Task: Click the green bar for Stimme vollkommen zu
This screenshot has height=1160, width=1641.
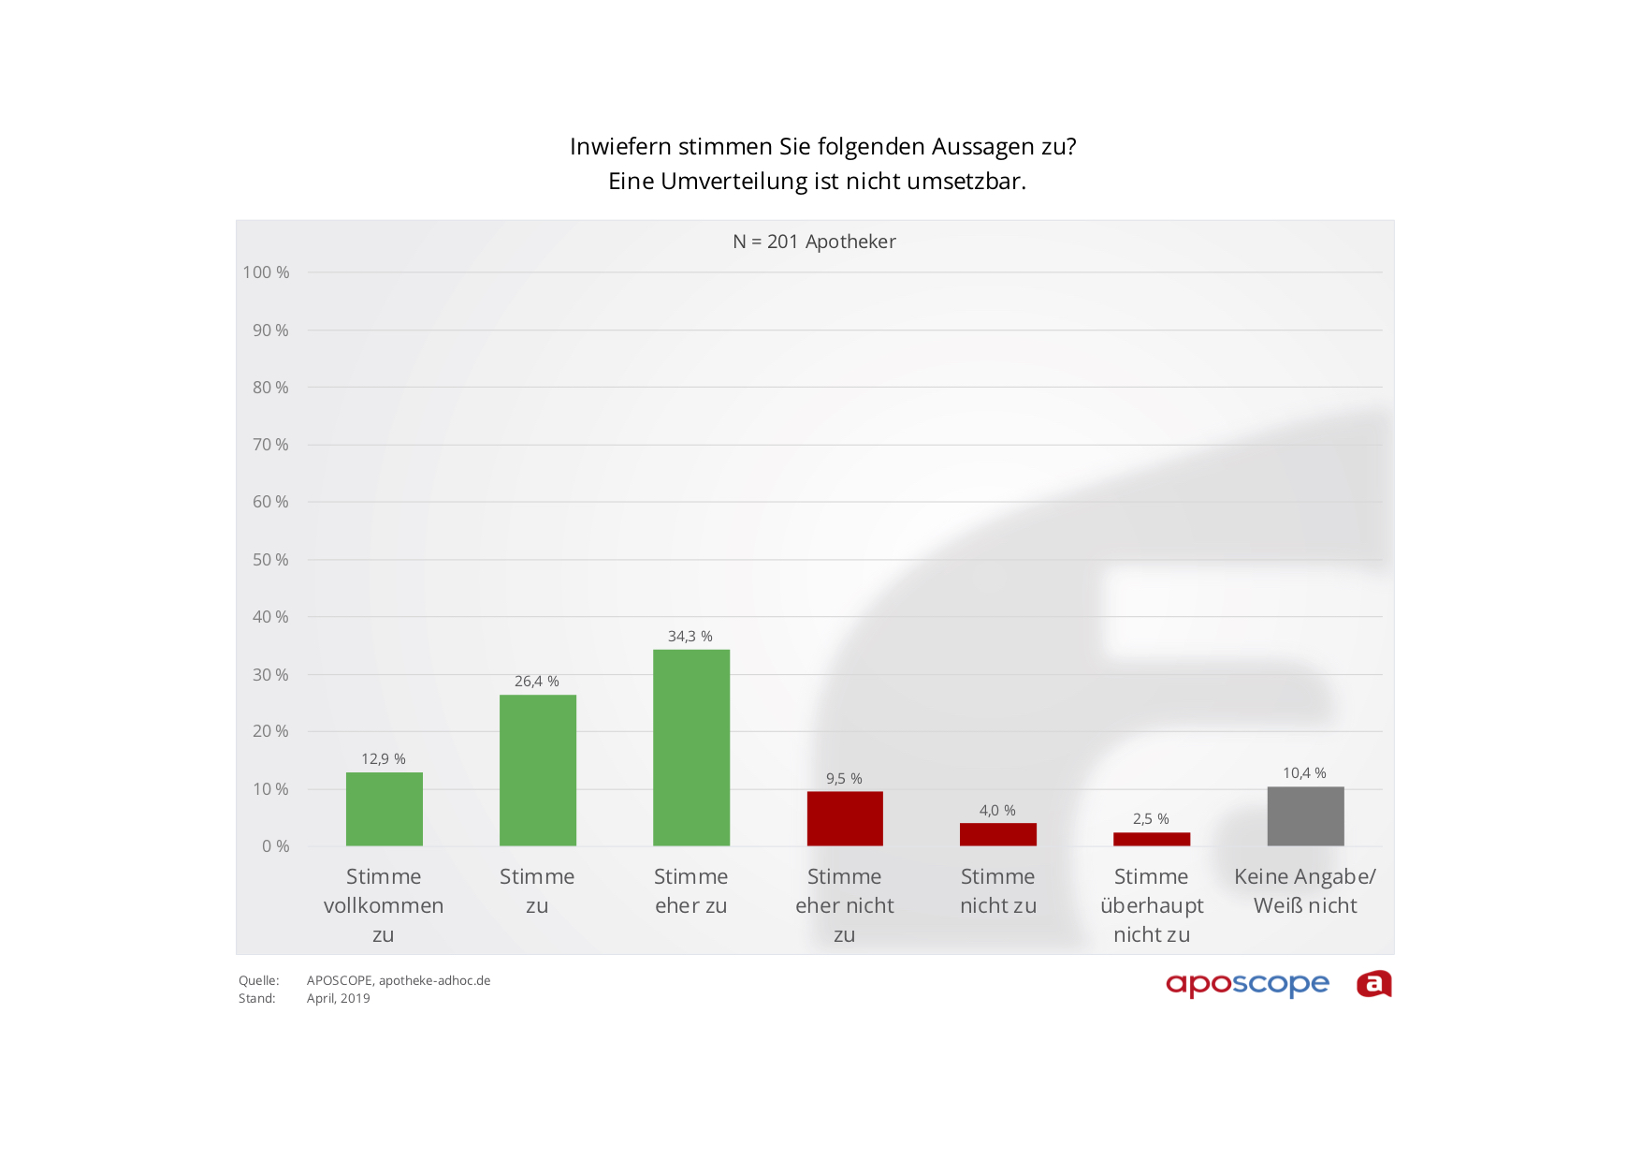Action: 384,809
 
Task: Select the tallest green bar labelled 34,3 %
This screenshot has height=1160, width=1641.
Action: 690,747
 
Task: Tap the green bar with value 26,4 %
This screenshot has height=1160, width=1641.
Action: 537,770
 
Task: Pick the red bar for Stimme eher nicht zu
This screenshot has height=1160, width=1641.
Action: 844,818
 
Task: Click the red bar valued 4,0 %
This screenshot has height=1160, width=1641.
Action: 997,834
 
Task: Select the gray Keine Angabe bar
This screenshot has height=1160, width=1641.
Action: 1305,815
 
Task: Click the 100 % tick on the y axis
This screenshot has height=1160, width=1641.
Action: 267,272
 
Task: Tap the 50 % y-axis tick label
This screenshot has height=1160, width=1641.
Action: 270,560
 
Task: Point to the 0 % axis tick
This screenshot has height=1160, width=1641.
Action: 275,846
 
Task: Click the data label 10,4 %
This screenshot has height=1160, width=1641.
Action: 1304,773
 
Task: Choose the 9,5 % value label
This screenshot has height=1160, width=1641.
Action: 844,779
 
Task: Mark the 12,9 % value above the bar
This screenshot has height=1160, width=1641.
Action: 384,759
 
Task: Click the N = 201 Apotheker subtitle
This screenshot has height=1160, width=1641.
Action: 814,242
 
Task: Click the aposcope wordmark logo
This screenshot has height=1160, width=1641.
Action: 1247,984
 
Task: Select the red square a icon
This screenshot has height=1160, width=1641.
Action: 1373,984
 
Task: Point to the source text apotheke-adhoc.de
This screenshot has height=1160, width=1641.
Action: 434,980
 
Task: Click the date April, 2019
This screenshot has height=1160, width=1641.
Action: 338,998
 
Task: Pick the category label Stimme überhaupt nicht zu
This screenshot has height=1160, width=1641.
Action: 1152,905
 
